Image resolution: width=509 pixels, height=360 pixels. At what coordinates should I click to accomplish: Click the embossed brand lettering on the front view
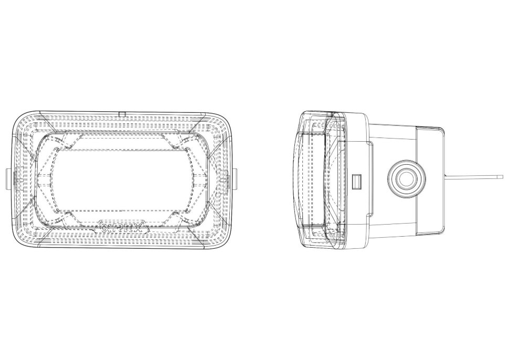(x=122, y=229)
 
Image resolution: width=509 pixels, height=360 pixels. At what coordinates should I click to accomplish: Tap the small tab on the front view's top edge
(x=121, y=113)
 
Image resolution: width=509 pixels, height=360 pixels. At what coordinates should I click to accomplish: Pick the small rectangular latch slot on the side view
(x=357, y=181)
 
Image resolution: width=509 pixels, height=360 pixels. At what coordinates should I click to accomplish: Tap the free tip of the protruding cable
(x=501, y=177)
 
